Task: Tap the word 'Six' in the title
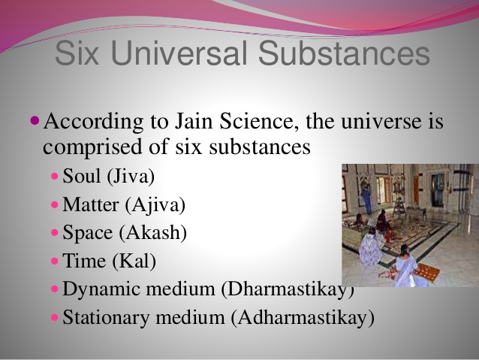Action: coord(78,55)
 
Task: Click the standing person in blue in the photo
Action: coord(366,199)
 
